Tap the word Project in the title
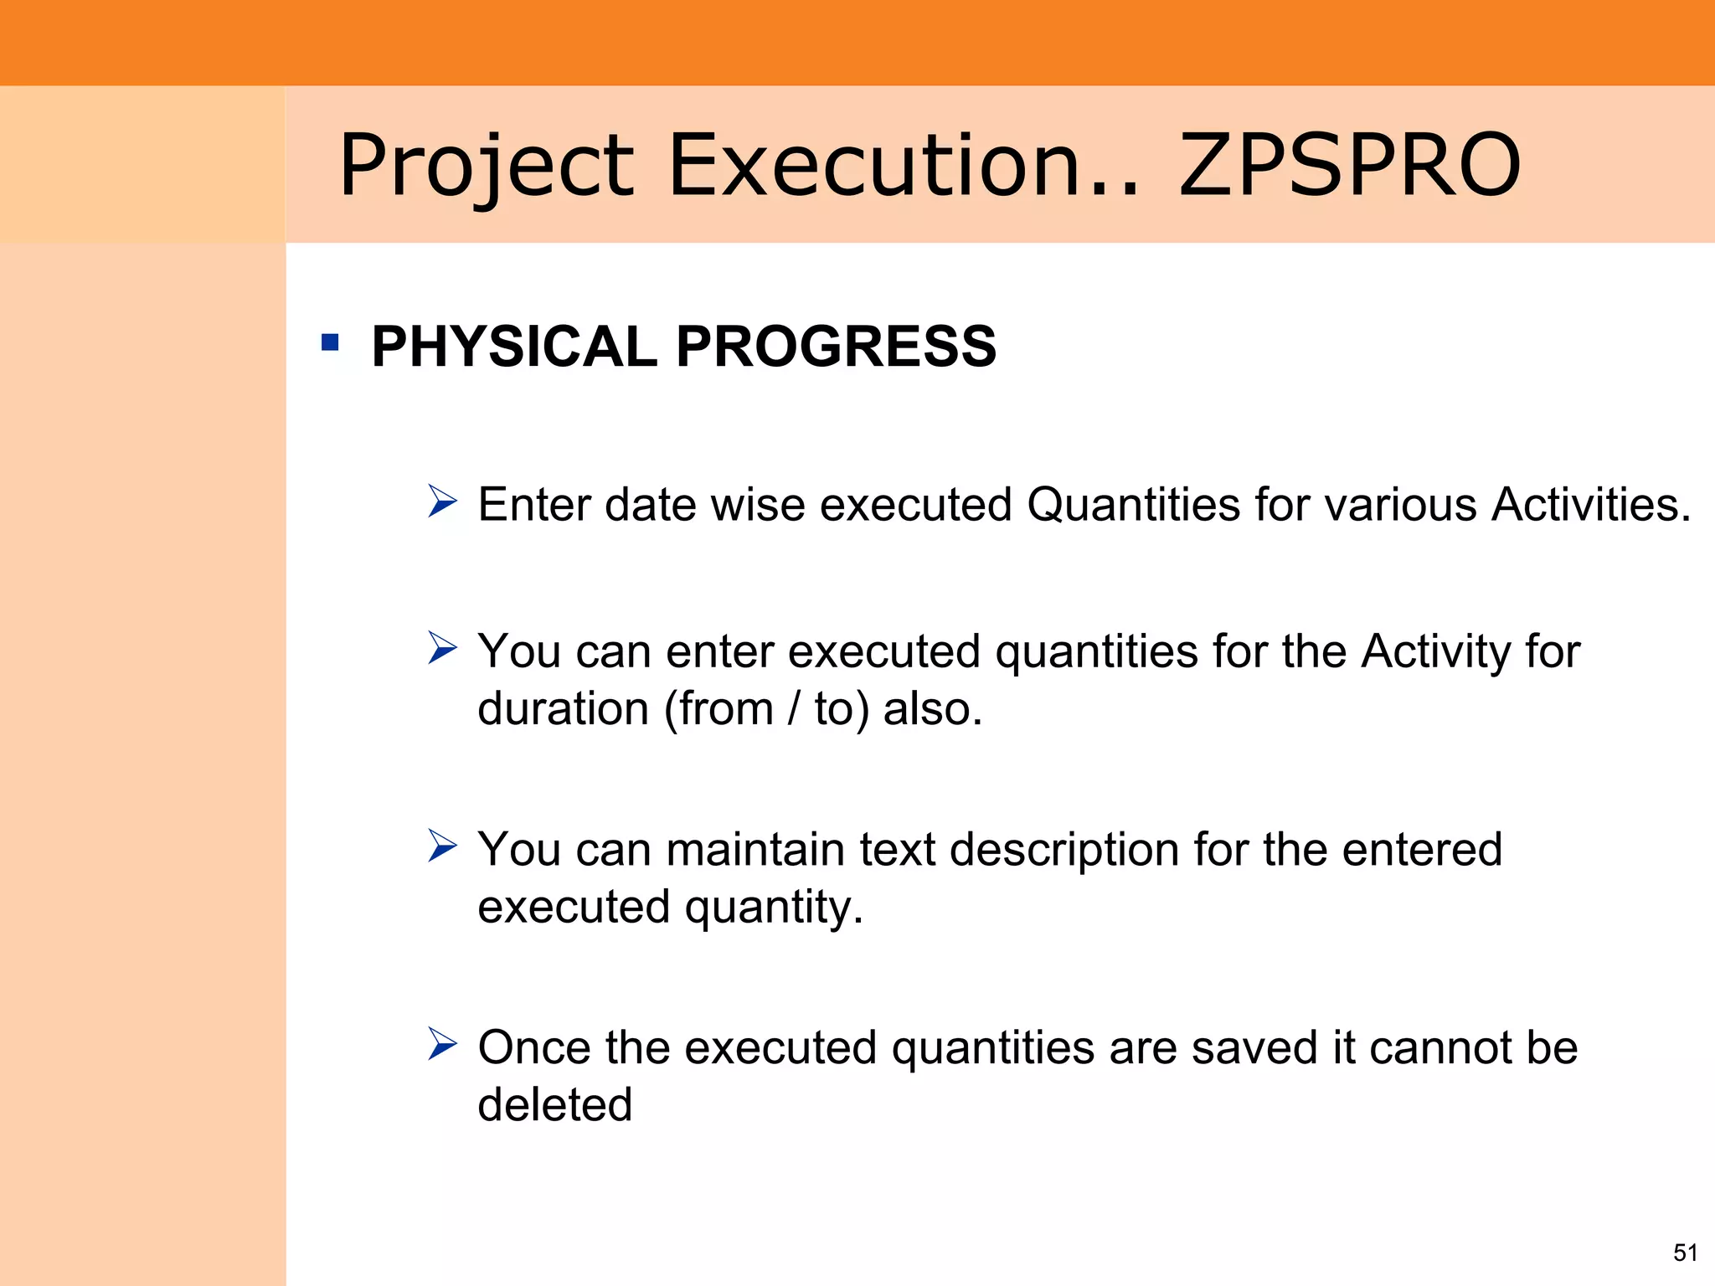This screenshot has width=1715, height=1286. tap(486, 167)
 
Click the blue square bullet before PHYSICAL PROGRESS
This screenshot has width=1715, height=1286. tap(330, 342)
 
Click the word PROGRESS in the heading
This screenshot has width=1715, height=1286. tap(836, 346)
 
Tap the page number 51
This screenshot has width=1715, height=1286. tap(1685, 1253)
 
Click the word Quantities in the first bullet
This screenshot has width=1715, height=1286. tap(1134, 505)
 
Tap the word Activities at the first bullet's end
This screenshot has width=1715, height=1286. tap(1589, 505)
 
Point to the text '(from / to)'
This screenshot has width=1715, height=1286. tap(766, 709)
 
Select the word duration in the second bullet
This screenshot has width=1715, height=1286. tap(563, 709)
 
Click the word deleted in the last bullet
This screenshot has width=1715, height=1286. tap(554, 1104)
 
